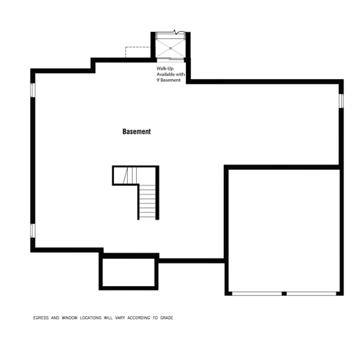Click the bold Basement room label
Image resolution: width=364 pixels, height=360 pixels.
tap(136, 132)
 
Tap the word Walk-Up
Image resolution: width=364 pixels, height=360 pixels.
tap(165, 69)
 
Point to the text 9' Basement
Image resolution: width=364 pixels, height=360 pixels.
tap(168, 80)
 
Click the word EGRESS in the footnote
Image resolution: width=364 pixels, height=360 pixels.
tap(41, 318)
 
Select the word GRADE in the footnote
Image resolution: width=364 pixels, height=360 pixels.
tap(167, 318)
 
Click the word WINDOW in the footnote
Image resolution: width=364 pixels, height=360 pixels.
tap(69, 318)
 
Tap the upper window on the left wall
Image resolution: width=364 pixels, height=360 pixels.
tap(33, 90)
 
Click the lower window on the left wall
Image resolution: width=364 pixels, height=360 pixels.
tap(33, 231)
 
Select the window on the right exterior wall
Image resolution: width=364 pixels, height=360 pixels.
tap(341, 101)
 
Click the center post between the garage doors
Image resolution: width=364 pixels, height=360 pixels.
tap(284, 293)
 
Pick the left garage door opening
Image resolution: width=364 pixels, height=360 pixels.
tap(257, 293)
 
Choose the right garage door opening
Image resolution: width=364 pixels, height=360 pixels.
tap(311, 293)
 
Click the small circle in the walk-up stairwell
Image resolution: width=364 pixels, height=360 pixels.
tap(170, 48)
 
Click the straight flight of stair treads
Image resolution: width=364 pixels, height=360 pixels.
tap(147, 201)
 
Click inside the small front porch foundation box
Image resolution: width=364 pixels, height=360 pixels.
tap(129, 272)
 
